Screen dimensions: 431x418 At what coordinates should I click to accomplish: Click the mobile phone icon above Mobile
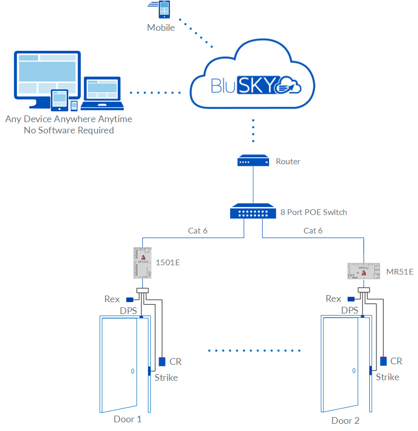tap(164, 10)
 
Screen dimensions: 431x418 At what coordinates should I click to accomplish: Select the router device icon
tap(253, 161)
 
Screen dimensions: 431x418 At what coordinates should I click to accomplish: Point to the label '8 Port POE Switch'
tap(313, 212)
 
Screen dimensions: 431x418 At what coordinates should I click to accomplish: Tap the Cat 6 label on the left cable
tap(198, 231)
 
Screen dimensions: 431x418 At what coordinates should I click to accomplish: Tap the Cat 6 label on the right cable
tap(313, 231)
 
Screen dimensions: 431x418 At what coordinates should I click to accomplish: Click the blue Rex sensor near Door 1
tap(130, 300)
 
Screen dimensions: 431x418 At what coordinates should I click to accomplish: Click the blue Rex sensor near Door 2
tap(351, 299)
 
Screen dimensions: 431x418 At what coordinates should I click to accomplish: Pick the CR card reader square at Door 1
tap(162, 362)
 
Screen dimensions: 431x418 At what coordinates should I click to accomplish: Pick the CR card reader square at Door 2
tap(383, 361)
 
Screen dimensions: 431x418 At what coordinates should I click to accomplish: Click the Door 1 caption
tap(127, 419)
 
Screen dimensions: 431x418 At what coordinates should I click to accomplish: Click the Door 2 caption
tap(346, 421)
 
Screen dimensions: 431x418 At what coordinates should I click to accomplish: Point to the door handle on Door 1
tap(132, 371)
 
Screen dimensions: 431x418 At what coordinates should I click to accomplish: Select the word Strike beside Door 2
tap(387, 377)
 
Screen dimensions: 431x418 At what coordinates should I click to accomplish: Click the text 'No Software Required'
tap(69, 130)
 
